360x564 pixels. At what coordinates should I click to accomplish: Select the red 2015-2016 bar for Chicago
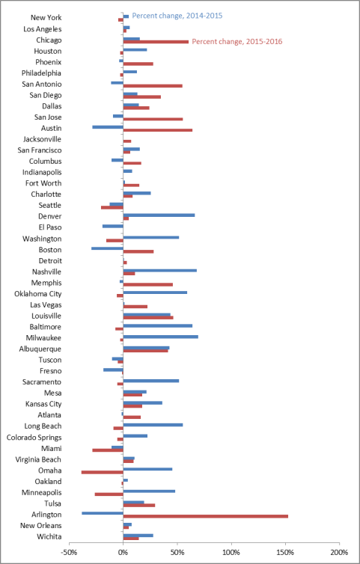[x=156, y=42]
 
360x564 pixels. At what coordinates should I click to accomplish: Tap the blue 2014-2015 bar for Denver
[x=159, y=215]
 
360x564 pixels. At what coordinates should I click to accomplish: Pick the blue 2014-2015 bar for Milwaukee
[x=161, y=337]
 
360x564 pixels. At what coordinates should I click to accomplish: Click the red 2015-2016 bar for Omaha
[x=103, y=472]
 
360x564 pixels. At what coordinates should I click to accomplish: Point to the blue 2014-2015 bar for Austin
[x=108, y=127]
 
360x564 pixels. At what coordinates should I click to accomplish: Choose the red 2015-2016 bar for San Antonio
[x=153, y=86]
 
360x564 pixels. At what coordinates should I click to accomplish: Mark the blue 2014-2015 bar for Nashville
[x=160, y=270]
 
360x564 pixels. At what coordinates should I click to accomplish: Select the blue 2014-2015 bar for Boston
[x=107, y=248]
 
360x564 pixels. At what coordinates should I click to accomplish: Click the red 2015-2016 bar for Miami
[x=108, y=450]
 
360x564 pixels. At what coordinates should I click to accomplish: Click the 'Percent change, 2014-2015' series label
[x=177, y=16]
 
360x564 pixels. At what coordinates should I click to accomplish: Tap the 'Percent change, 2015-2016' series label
[x=237, y=42]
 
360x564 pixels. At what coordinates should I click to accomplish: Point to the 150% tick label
[x=285, y=552]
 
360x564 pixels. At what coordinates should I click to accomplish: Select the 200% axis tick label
[x=340, y=552]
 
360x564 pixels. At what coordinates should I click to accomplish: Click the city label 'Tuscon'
[x=50, y=360]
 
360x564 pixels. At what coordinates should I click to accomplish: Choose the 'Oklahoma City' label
[x=38, y=294]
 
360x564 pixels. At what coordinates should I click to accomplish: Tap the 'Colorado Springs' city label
[x=34, y=438]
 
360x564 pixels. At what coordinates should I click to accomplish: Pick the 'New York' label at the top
[x=46, y=18]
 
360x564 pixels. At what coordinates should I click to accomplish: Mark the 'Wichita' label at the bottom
[x=49, y=536]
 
